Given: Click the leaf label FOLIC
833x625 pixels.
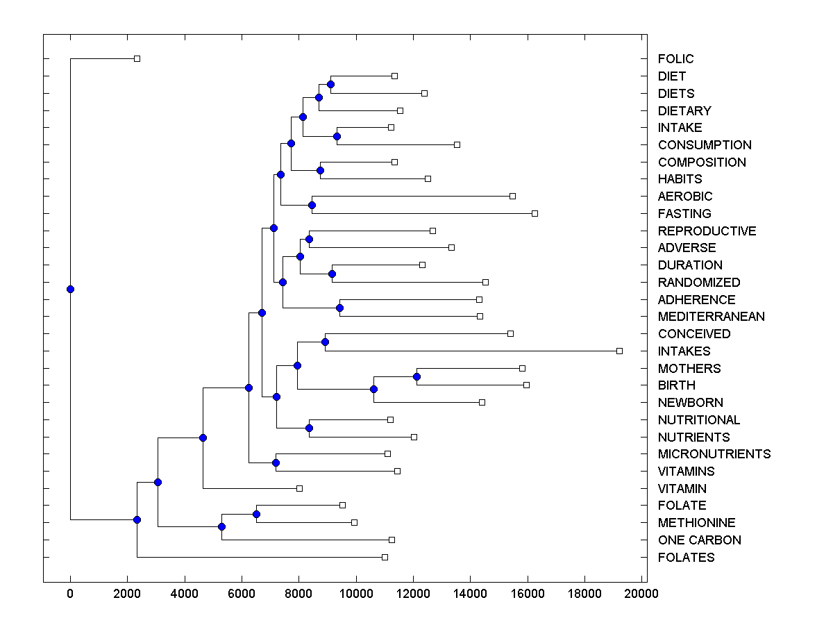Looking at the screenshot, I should pyautogui.click(x=675, y=59).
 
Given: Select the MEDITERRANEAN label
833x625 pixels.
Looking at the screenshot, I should pyautogui.click(x=711, y=317).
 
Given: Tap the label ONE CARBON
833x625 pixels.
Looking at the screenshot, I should pyautogui.click(x=699, y=540).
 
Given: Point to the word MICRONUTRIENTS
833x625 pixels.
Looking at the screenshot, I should pyautogui.click(x=714, y=454).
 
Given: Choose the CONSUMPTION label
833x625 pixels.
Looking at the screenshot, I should pyautogui.click(x=704, y=145).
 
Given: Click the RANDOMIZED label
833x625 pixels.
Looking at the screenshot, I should pyautogui.click(x=698, y=283).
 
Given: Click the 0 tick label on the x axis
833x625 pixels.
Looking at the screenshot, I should pyautogui.click(x=70, y=594).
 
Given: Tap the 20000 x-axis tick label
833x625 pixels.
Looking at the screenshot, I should pyautogui.click(x=641, y=594).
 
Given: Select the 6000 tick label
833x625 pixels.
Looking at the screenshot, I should pyautogui.click(x=242, y=594).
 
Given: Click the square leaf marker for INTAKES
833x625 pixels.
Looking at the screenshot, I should pyautogui.click(x=619, y=351).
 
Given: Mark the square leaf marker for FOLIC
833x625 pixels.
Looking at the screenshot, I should pyautogui.click(x=137, y=58).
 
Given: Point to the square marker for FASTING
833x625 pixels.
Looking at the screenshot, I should pyautogui.click(x=535, y=213).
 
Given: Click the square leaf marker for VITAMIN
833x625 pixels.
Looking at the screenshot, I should pyautogui.click(x=299, y=488).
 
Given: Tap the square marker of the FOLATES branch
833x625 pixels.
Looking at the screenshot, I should pyautogui.click(x=385, y=557).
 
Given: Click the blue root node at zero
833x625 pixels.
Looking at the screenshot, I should pyautogui.click(x=70, y=289).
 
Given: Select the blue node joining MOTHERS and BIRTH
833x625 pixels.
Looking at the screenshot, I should pyautogui.click(x=416, y=376).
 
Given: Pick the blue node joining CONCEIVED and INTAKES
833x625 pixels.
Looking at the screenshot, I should pyautogui.click(x=325, y=342).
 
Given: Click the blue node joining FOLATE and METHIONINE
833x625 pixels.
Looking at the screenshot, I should pyautogui.click(x=256, y=514).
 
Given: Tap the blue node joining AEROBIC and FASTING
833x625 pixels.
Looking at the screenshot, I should pyautogui.click(x=312, y=205).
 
